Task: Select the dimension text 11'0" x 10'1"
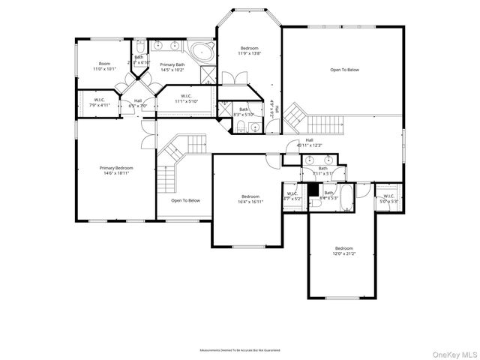pos(104,70)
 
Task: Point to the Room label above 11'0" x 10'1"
pos(104,64)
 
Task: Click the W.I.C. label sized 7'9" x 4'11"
pos(100,100)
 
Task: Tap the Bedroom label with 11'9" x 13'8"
pos(249,48)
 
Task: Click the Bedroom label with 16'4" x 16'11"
pos(250,196)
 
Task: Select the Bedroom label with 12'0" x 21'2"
pos(343,248)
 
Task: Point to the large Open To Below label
pos(344,70)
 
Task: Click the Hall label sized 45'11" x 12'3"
pos(309,140)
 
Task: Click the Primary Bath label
pos(172,64)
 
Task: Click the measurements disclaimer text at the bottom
pos(239,350)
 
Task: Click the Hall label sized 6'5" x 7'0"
pos(138,100)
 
